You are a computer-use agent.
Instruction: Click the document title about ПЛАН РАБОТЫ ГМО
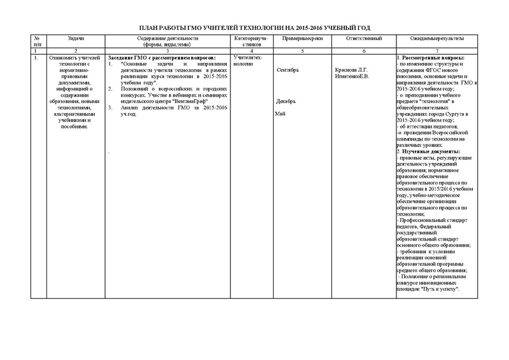(x=254, y=28)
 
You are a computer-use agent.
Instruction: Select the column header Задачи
(x=76, y=39)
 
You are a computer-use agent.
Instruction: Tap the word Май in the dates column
(x=279, y=113)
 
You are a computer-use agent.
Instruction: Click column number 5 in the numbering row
(x=298, y=50)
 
